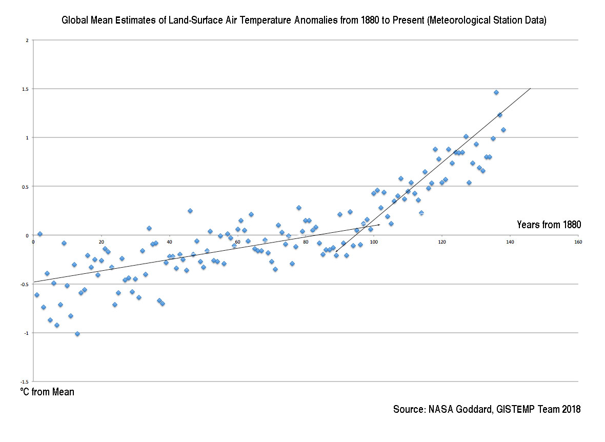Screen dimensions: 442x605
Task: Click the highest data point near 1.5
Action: point(496,92)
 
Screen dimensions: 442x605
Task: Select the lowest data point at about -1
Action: point(77,334)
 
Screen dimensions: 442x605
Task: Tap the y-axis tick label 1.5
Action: point(27,89)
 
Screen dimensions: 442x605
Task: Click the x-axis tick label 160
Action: point(578,242)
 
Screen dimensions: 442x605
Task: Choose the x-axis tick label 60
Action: point(237,242)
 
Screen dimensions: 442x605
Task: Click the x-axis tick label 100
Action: point(374,242)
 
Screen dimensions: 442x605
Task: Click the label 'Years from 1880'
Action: point(549,225)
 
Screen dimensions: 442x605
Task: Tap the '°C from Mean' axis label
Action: point(47,392)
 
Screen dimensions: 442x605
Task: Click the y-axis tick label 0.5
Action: point(27,187)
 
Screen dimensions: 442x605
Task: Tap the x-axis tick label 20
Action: point(101,242)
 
